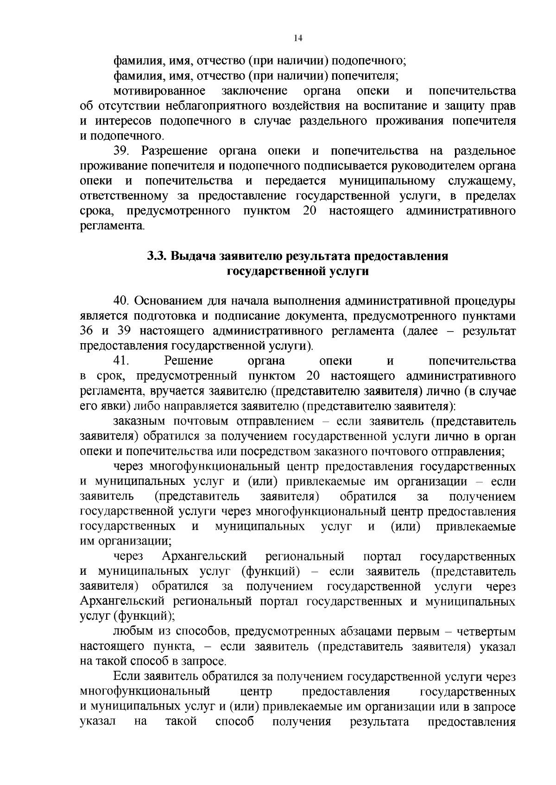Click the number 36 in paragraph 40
coord(88,331)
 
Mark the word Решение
coord(189,361)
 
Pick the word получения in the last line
coord(302,722)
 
